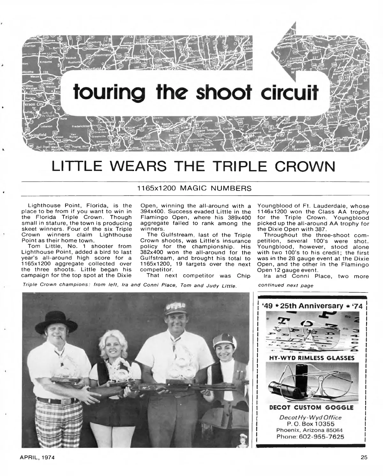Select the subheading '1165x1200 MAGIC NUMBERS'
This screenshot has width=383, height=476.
coord(195,188)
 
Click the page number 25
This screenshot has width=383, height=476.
coord(364,457)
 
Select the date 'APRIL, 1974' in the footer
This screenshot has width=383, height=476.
coord(35,457)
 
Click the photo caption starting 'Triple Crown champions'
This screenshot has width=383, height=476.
coord(130,285)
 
